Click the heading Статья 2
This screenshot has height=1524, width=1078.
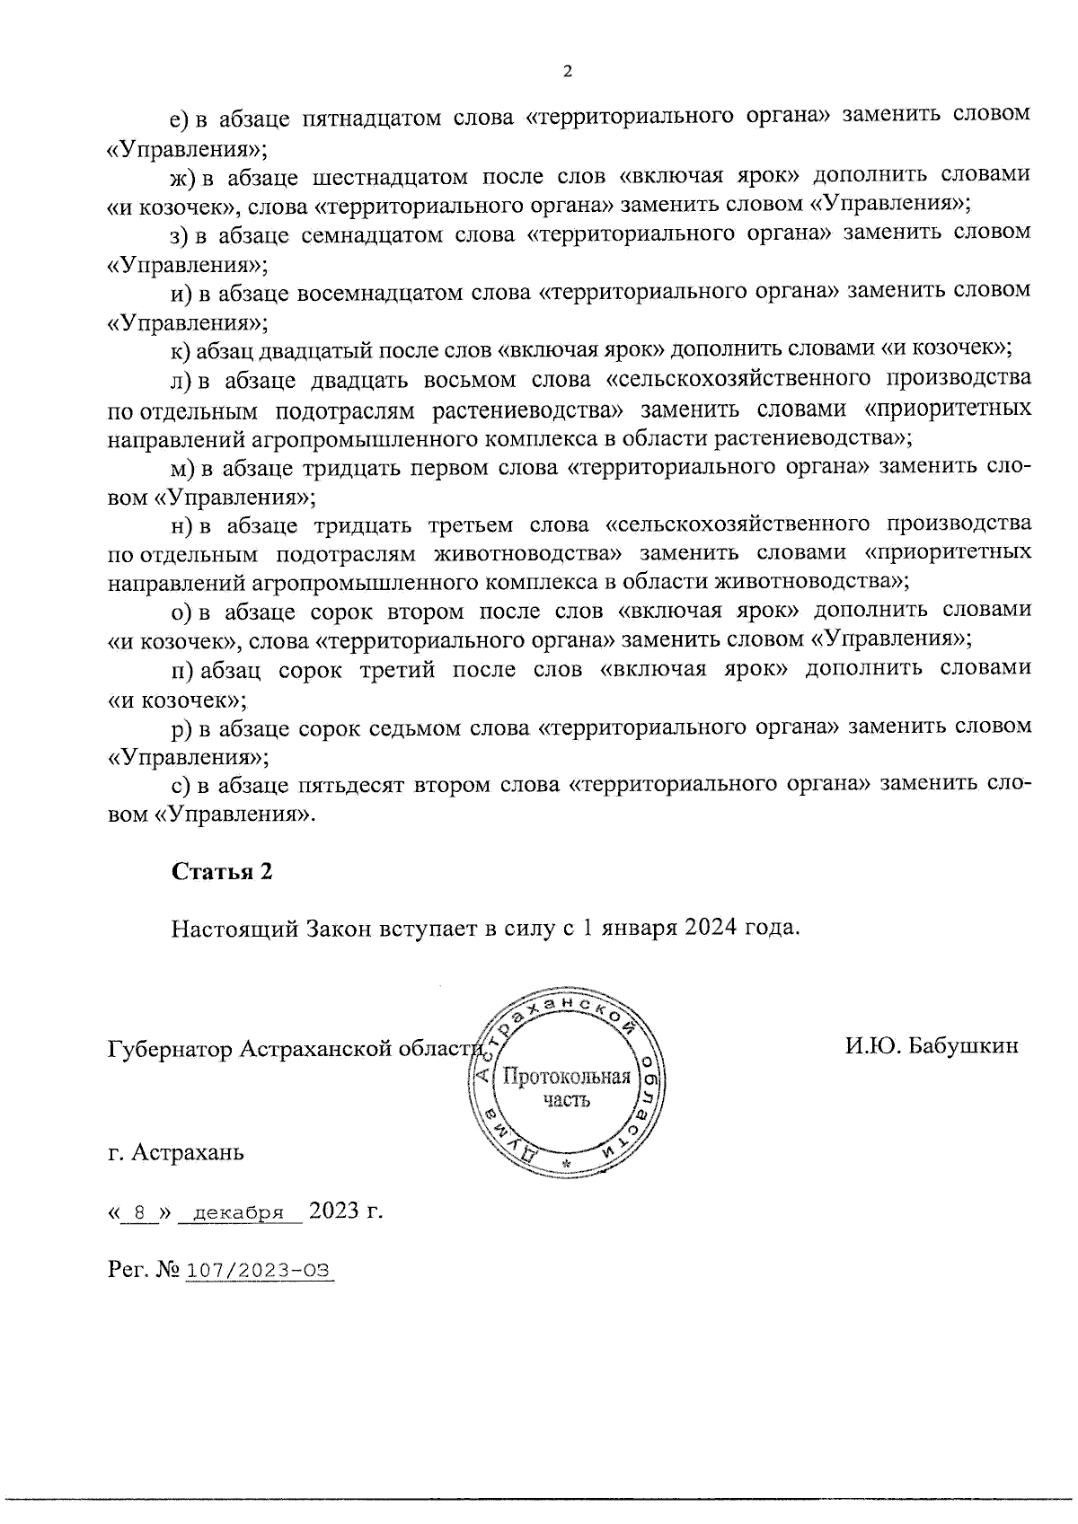222,871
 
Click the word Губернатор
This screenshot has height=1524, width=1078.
170,1049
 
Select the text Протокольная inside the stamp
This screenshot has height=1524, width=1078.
566,1076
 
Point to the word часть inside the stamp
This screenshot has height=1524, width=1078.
566,1100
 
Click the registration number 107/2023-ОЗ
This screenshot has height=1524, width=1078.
259,1271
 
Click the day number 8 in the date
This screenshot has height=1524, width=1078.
138,1212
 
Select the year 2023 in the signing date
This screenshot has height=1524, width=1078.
333,1211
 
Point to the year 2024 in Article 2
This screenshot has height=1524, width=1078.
712,928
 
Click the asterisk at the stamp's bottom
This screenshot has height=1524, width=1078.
566,1164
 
